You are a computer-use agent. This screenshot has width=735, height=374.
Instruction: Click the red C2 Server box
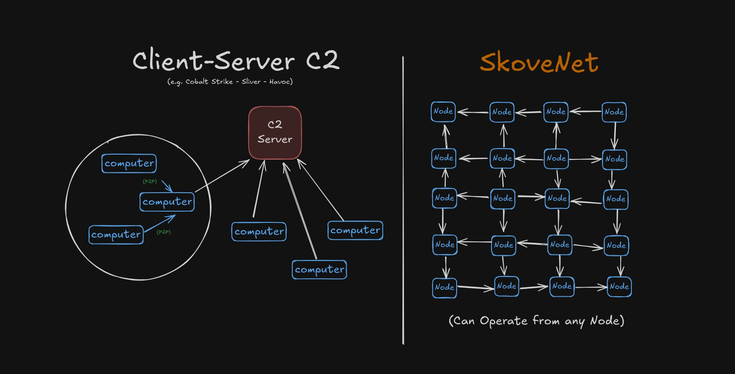275,133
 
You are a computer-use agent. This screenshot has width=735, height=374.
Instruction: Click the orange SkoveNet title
539,63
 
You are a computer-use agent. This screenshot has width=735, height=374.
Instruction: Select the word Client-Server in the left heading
214,60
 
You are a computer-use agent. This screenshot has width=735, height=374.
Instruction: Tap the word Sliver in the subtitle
251,82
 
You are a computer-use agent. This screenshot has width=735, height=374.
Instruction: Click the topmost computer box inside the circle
129,163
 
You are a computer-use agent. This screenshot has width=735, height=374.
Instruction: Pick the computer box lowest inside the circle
116,235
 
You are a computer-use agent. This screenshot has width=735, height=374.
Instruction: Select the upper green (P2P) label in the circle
150,181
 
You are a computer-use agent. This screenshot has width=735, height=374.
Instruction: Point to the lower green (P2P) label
164,232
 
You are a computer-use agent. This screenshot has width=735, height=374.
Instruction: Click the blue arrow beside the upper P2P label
167,186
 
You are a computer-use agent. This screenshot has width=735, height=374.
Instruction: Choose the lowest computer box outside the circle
319,269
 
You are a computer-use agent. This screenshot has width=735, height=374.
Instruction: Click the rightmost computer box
355,230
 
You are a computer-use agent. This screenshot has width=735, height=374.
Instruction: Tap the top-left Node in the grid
443,111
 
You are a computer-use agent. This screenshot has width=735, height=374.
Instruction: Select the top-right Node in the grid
614,112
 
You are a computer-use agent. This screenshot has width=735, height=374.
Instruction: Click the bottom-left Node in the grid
445,287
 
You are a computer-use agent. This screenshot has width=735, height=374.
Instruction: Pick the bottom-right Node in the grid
619,286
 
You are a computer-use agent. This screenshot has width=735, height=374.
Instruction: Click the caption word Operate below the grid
503,321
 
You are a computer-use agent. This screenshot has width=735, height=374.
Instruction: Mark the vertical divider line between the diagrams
403,199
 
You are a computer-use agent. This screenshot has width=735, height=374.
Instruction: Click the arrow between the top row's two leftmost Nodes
473,112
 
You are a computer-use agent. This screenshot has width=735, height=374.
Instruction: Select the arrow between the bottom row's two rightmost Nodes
590,287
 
